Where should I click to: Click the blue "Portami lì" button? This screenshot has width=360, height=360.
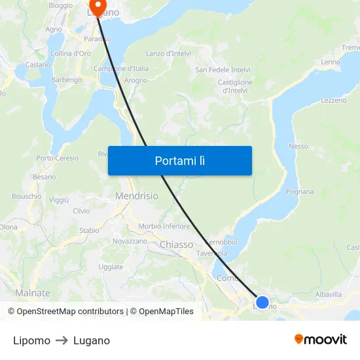click(x=180, y=160)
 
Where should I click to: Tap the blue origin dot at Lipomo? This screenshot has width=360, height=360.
click(x=262, y=302)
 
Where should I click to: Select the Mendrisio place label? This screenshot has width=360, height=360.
click(x=137, y=196)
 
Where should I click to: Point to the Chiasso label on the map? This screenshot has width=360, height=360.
click(x=177, y=245)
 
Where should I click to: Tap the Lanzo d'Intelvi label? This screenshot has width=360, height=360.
click(x=168, y=53)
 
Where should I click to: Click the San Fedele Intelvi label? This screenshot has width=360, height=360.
click(x=223, y=69)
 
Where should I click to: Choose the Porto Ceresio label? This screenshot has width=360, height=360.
click(x=58, y=158)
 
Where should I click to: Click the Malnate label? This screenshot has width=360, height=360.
click(x=33, y=293)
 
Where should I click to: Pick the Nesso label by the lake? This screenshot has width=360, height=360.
click(x=298, y=146)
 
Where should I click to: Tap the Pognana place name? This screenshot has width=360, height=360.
click(x=300, y=192)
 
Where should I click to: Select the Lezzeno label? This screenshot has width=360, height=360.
click(x=334, y=100)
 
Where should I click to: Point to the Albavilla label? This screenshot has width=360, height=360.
click(x=329, y=295)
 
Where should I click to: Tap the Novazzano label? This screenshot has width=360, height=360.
click(x=130, y=241)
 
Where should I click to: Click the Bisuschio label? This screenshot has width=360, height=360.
click(x=26, y=196)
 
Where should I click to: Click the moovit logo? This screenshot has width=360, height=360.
click(x=321, y=339)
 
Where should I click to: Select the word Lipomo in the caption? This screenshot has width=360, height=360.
click(x=31, y=340)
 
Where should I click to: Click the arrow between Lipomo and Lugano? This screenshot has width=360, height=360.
click(x=62, y=340)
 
